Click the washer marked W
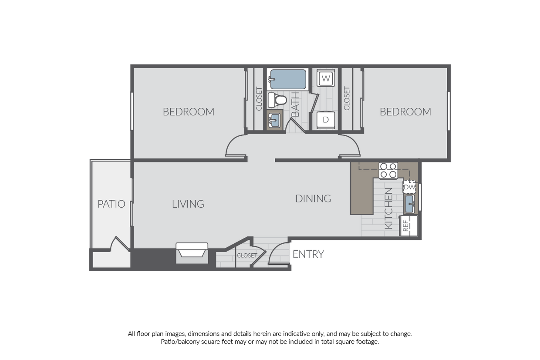click(326, 79)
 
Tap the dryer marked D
click(326, 119)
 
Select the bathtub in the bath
click(287, 79)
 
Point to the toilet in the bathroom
click(277, 100)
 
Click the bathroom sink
click(274, 120)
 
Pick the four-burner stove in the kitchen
click(388, 170)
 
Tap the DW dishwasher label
click(409, 187)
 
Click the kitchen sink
click(409, 204)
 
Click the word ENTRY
click(308, 255)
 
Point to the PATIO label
click(111, 204)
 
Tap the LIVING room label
click(188, 204)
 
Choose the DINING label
click(313, 199)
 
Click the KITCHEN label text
click(389, 208)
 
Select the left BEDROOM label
click(189, 112)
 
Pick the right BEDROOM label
click(405, 112)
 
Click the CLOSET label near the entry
click(247, 256)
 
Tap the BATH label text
click(295, 104)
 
